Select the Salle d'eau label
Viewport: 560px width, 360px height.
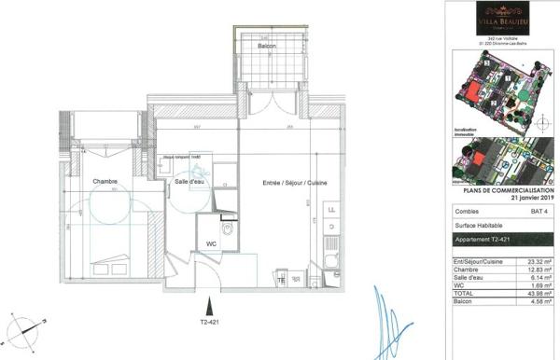click(x=189, y=182)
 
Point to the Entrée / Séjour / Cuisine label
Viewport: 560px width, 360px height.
click(x=287, y=185)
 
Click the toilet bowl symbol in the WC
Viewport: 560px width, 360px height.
click(x=228, y=228)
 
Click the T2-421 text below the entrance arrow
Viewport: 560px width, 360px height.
click(x=209, y=322)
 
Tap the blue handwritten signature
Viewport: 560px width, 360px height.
click(x=383, y=317)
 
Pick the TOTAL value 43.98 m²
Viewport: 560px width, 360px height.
click(x=535, y=296)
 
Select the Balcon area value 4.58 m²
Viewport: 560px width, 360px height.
click(x=535, y=303)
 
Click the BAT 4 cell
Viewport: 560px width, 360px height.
click(x=539, y=212)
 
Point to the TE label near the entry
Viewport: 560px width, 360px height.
click(x=279, y=277)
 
